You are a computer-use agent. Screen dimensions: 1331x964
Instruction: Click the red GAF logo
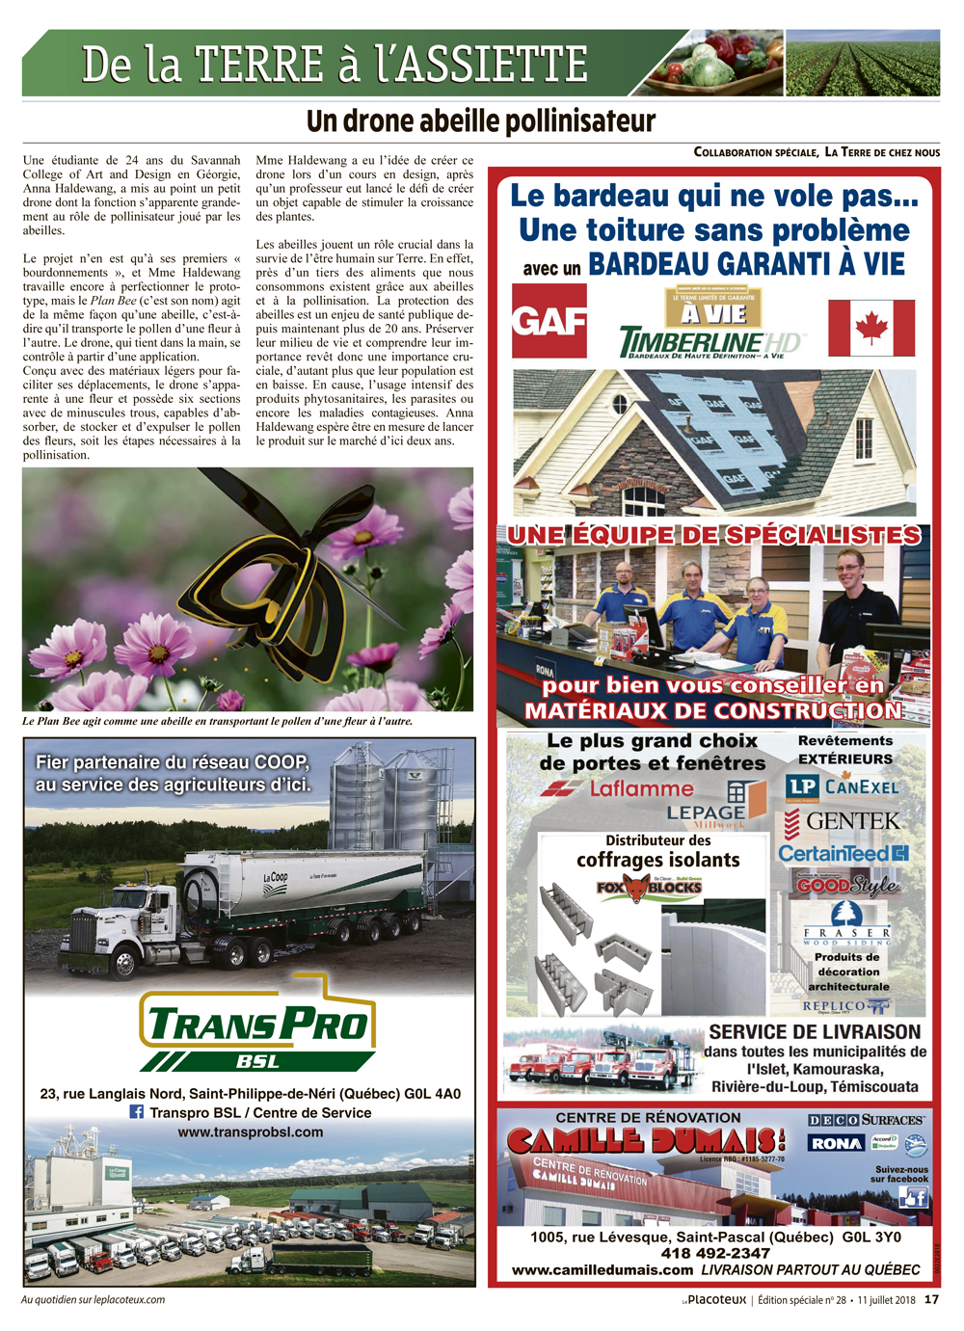[549, 321]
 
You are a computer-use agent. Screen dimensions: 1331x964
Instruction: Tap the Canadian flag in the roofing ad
[871, 328]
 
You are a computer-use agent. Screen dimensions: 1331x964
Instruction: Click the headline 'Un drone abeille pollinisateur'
[481, 121]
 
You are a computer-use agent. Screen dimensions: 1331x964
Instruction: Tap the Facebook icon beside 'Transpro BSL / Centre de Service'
[137, 1111]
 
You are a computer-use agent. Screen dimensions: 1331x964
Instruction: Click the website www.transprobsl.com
[251, 1131]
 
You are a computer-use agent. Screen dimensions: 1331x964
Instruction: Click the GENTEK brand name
[852, 821]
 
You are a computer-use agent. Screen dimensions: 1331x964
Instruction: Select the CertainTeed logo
[843, 853]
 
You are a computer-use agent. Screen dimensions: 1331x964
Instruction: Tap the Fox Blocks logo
[649, 887]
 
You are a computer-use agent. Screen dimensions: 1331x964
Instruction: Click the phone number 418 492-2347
[715, 1253]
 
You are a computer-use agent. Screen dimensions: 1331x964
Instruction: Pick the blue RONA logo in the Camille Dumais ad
[836, 1143]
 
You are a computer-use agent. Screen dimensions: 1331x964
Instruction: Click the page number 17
[931, 1299]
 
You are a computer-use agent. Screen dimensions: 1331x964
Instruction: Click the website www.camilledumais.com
[602, 1270]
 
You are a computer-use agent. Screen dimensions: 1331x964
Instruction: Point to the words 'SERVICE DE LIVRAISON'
[815, 1032]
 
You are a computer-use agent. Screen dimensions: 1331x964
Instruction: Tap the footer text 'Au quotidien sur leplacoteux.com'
[94, 1299]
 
